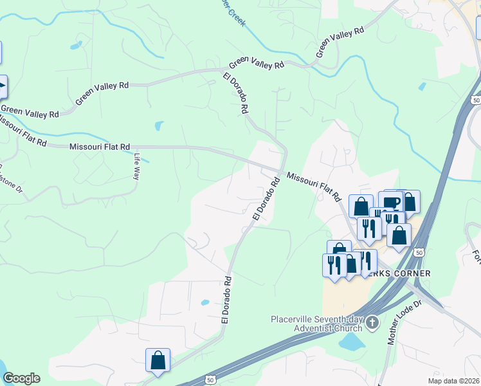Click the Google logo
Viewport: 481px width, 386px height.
[21, 378]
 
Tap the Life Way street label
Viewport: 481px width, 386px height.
[136, 166]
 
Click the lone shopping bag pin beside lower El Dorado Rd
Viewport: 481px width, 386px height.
[158, 362]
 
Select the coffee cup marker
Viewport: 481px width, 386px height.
[390, 202]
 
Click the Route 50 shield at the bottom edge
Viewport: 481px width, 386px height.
[210, 380]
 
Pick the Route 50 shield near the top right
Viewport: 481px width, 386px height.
[475, 100]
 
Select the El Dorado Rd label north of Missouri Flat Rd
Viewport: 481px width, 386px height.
[235, 93]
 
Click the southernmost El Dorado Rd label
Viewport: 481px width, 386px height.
[226, 300]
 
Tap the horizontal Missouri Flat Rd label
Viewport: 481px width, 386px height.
[100, 147]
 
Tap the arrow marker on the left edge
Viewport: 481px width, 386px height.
[3, 86]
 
